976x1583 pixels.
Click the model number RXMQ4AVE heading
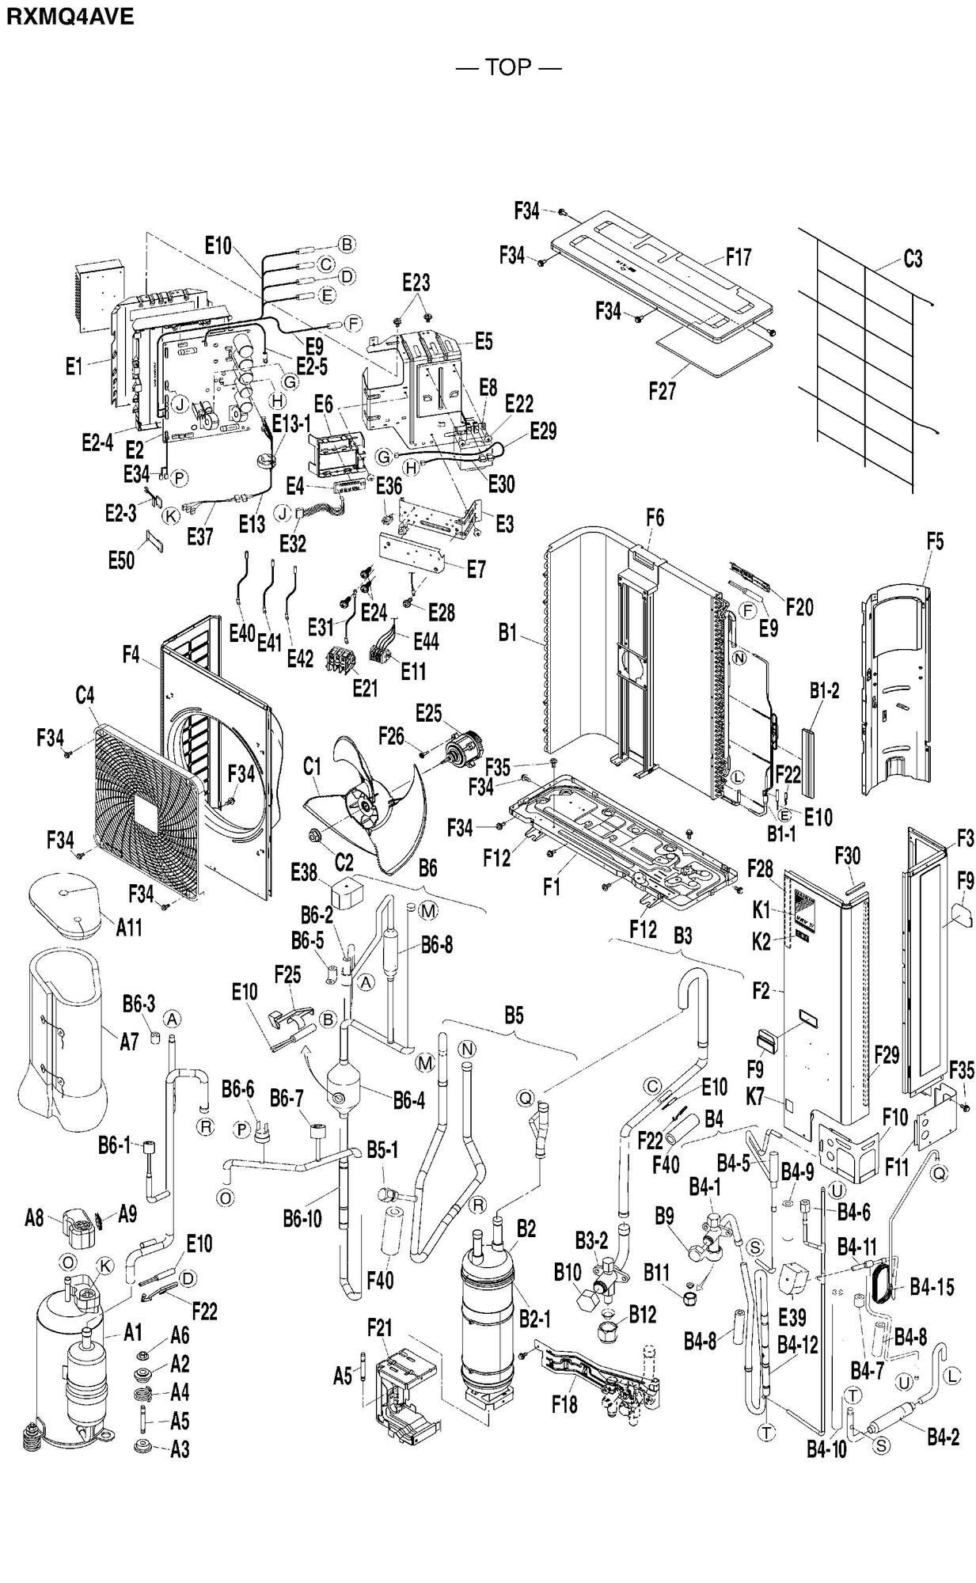tap(70, 17)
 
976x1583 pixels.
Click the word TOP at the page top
tap(507, 67)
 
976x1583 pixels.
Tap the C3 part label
tap(912, 259)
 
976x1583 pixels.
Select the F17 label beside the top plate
tap(738, 257)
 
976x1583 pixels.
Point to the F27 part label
tap(662, 391)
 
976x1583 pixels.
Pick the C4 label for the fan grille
tap(85, 696)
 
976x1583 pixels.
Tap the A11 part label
tap(129, 927)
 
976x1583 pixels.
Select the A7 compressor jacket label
tap(129, 1042)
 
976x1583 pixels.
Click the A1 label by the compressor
tap(133, 1333)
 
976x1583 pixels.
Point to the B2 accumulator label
tap(526, 1229)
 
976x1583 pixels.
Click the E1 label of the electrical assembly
tap(74, 366)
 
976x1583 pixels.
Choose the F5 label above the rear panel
tap(935, 541)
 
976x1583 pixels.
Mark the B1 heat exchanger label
tap(507, 633)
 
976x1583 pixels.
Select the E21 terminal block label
tap(365, 689)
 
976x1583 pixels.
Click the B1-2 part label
tap(824, 690)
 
